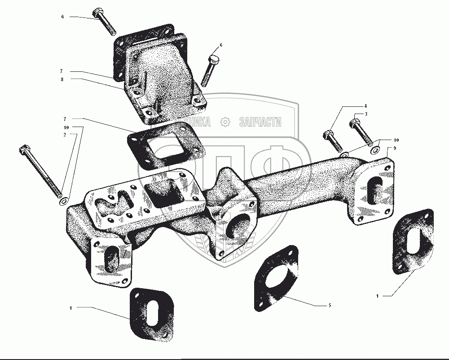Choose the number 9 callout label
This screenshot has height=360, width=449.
click(x=394, y=148)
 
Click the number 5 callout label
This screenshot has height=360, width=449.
click(x=330, y=305)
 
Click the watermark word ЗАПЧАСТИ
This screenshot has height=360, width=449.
click(x=260, y=122)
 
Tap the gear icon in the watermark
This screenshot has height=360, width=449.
click(x=225, y=122)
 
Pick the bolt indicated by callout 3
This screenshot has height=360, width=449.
click(x=361, y=132)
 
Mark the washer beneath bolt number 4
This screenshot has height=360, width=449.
click(x=344, y=155)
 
